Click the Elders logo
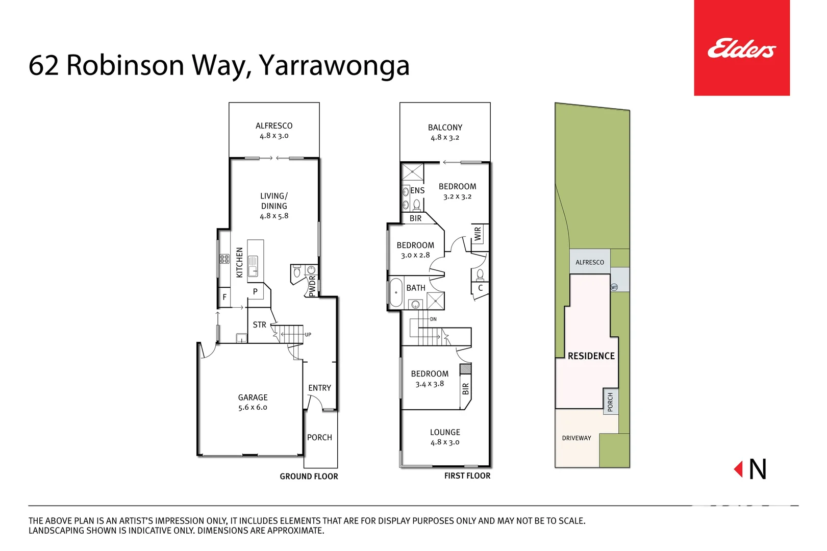click(x=741, y=48)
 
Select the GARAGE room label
click(x=253, y=397)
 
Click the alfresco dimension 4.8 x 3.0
click(x=274, y=136)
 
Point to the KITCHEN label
click(x=239, y=262)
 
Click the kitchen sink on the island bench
click(x=253, y=266)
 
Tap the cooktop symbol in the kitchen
click(x=224, y=259)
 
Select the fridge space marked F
click(x=224, y=297)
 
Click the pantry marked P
click(x=255, y=292)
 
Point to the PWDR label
click(x=312, y=286)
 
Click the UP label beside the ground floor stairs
click(x=308, y=335)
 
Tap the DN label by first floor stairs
click(x=433, y=319)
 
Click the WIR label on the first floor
click(x=478, y=234)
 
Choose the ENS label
click(x=417, y=190)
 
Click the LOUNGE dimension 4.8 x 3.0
click(x=445, y=442)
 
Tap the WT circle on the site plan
click(x=614, y=287)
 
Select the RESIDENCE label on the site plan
click(x=591, y=356)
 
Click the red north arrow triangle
click(x=738, y=469)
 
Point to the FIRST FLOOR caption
click(x=467, y=476)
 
